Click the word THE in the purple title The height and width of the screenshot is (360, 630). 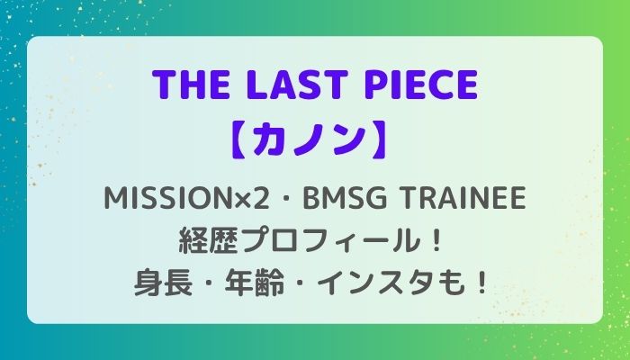coord(190,85)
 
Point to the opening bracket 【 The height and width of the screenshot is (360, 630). coord(240,139)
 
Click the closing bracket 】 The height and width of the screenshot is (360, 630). coord(379,139)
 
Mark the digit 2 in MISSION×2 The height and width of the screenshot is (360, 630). coord(261,199)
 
